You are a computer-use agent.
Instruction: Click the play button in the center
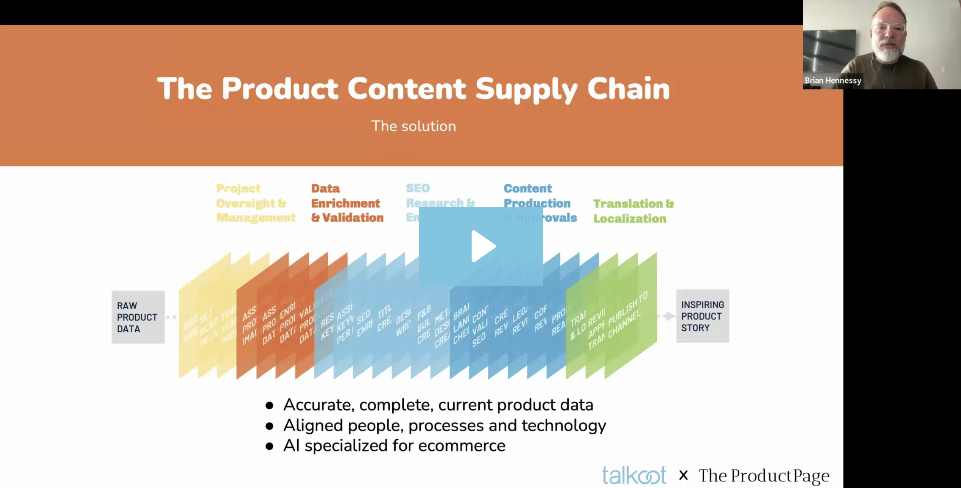click(481, 246)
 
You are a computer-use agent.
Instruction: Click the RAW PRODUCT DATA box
click(138, 317)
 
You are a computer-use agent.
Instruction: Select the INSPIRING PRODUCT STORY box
click(703, 316)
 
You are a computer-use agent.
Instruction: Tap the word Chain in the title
click(628, 89)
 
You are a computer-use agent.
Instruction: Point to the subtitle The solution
click(414, 126)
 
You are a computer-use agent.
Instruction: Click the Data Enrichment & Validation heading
click(347, 203)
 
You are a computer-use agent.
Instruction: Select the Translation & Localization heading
click(633, 211)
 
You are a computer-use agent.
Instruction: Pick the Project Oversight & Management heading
click(255, 203)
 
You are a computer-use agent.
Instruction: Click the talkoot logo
click(634, 475)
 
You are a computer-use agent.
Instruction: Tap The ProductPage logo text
click(764, 475)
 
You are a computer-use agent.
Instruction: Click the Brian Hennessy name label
click(833, 81)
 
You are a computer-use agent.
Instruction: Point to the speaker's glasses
click(890, 28)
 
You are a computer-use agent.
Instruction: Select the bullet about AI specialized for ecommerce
click(394, 445)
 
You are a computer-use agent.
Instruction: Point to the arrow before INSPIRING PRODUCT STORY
click(668, 316)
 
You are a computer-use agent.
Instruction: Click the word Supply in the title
click(526, 89)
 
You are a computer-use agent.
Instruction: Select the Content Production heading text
click(537, 196)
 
